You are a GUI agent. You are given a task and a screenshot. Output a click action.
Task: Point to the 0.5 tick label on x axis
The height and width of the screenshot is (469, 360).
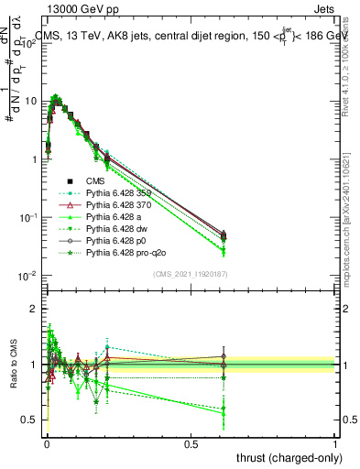pos(191,442)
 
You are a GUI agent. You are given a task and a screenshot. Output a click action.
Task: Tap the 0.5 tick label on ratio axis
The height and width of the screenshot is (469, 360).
pos(30,420)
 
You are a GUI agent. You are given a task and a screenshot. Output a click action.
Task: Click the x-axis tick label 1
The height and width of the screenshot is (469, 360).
pos(335,442)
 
